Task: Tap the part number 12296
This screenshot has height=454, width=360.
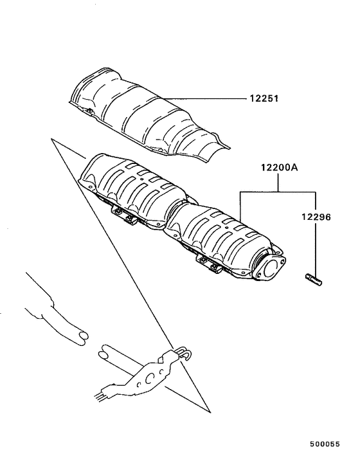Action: (314, 217)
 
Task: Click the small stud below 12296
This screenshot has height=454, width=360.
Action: (313, 278)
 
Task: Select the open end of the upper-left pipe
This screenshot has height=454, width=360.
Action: (80, 335)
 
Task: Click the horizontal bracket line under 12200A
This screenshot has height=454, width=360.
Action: (278, 191)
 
